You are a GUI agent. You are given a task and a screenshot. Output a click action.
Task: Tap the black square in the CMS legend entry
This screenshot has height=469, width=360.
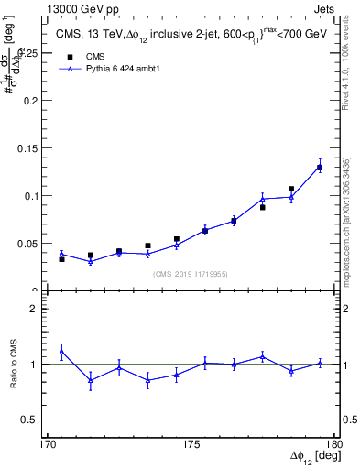pyautogui.click(x=71, y=55)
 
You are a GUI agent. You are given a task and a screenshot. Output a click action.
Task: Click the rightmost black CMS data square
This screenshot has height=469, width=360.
pyautogui.click(x=320, y=168)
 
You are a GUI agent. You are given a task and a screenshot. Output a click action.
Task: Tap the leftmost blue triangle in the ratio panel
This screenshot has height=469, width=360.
pyautogui.click(x=61, y=352)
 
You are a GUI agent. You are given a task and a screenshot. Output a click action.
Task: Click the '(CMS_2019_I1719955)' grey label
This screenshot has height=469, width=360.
pyautogui.click(x=191, y=273)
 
